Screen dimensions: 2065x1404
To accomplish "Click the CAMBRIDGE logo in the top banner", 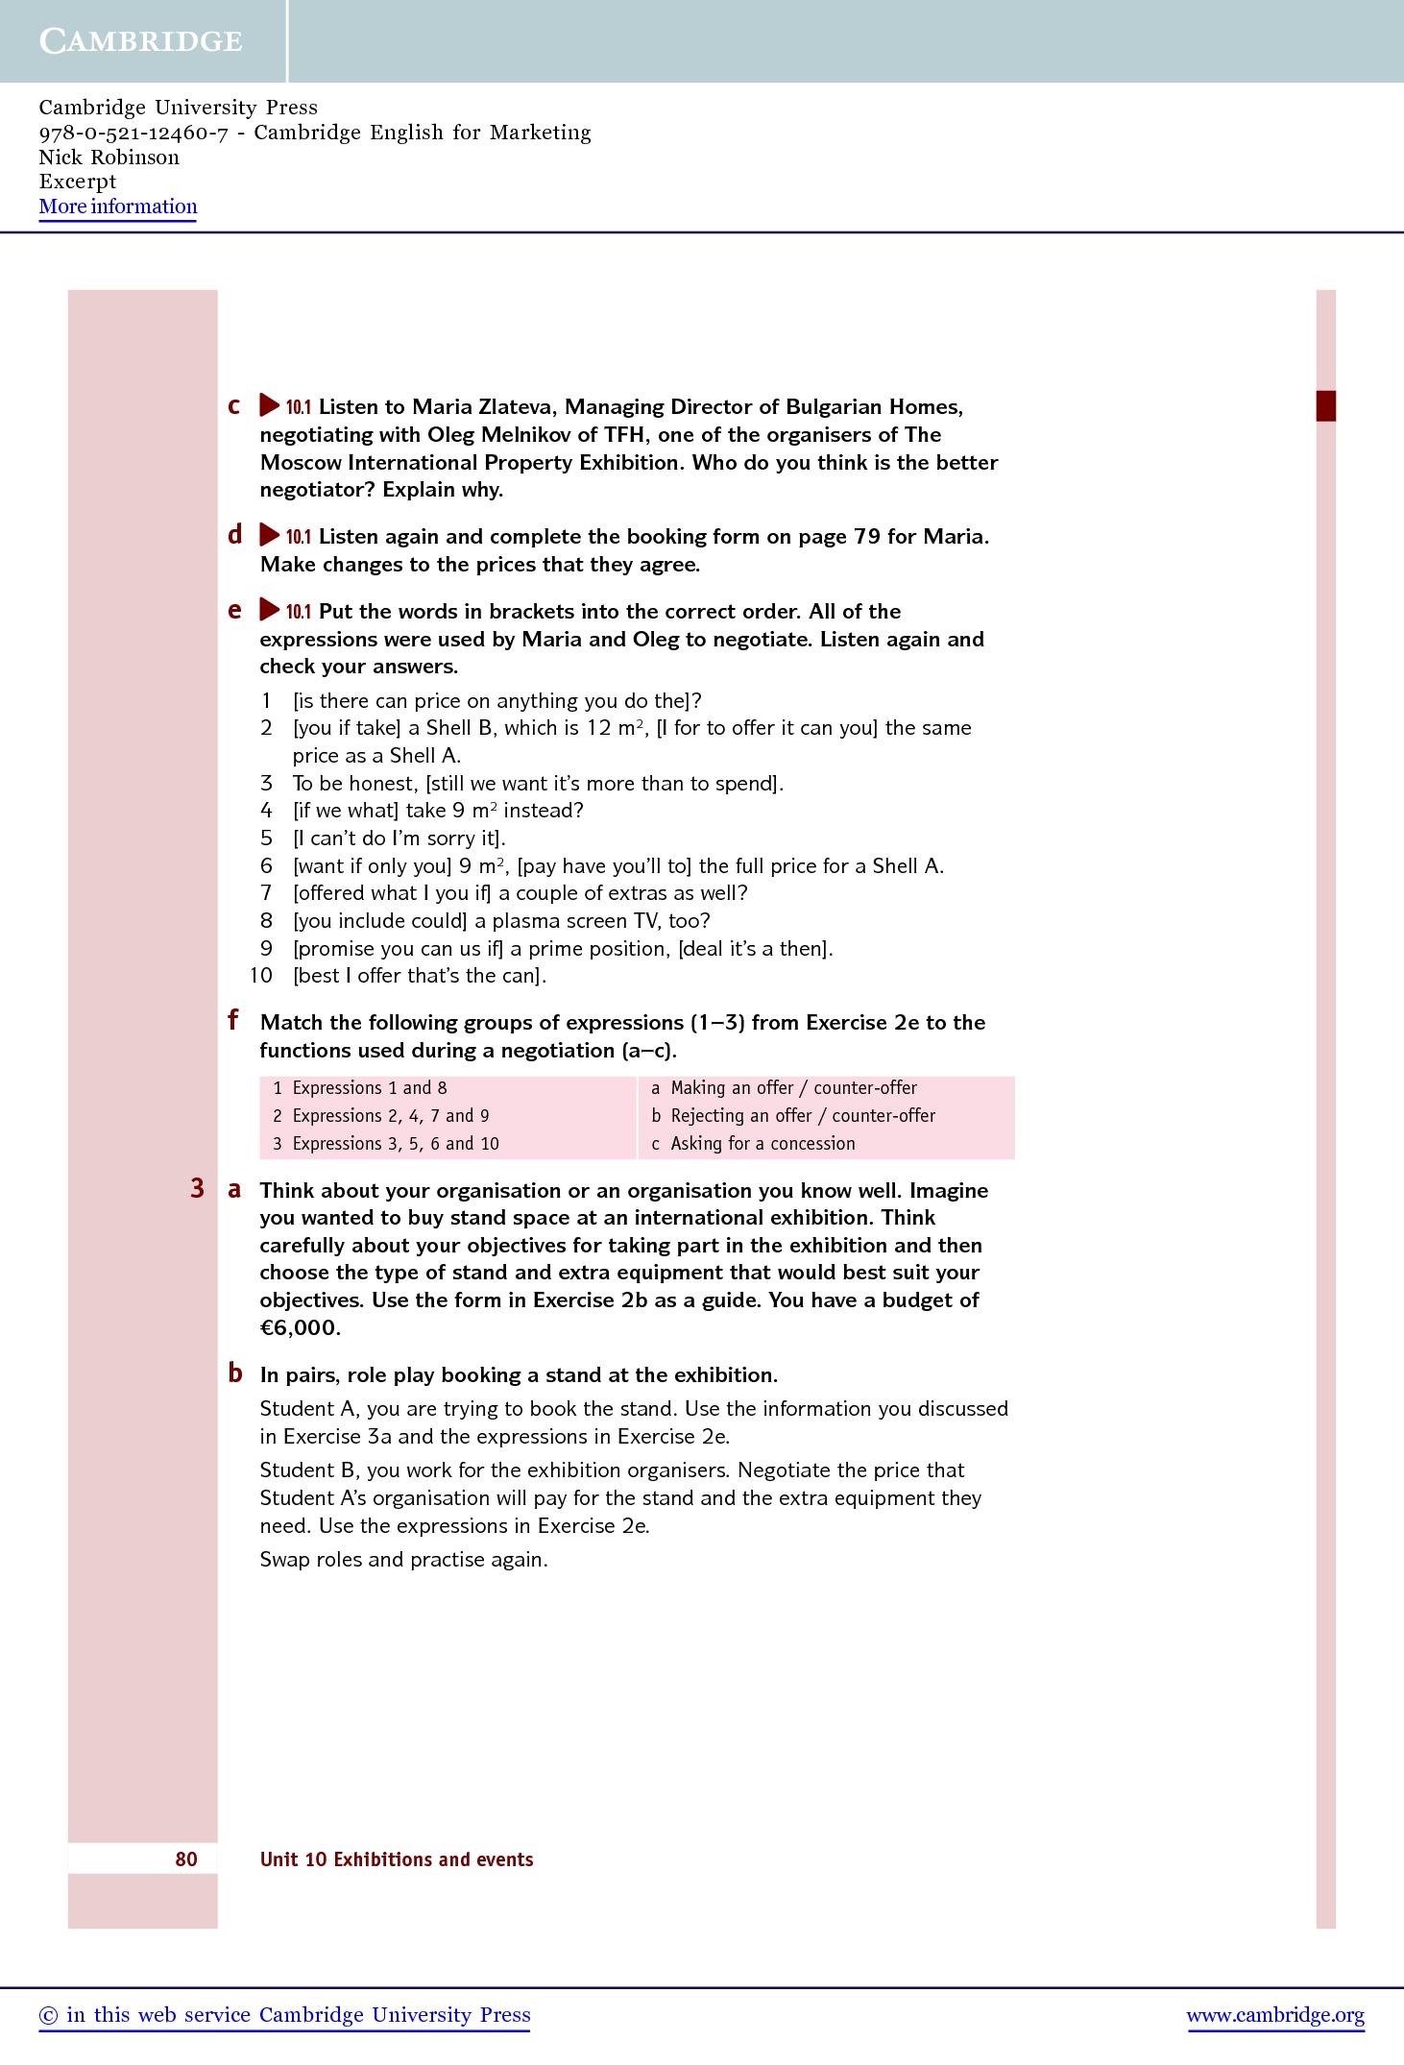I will coord(140,41).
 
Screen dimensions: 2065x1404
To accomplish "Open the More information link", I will coord(118,206).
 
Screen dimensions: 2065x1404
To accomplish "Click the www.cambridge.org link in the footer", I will coord(1275,2015).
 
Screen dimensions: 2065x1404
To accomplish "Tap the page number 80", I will coord(186,1858).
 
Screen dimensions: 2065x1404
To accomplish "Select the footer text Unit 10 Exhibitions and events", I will coord(397,1859).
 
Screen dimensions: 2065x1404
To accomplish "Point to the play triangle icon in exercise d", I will coord(269,535).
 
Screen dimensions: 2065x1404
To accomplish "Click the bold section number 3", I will coord(197,1189).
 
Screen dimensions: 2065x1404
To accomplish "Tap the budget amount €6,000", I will coord(300,1328).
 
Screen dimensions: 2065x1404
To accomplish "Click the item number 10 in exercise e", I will coord(261,976).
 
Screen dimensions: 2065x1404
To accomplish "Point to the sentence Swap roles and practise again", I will coord(403,1559).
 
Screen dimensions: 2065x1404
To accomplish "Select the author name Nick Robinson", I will coord(109,158).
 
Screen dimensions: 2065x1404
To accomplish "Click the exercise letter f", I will coord(233,1020).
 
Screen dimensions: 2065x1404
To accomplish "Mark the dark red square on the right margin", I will coord(1325,405).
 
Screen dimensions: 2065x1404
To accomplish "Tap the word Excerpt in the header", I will coord(78,182).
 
